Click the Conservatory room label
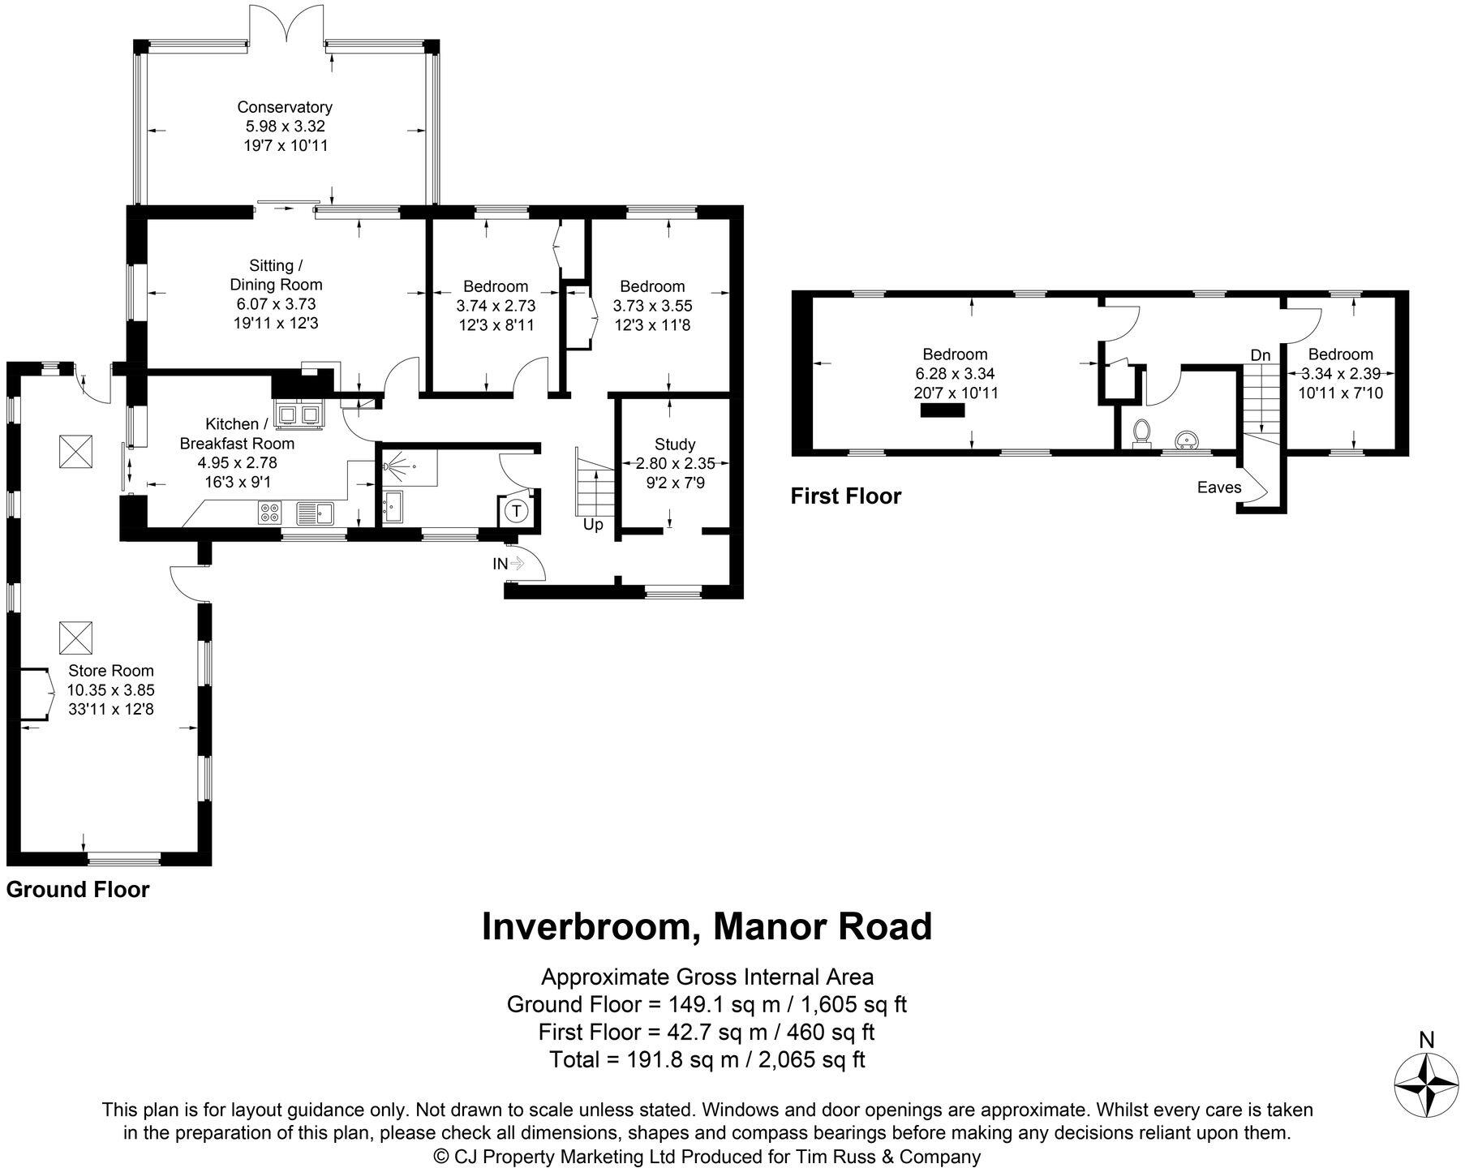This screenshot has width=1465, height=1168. point(285,107)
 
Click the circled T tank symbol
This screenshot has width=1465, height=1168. point(515,511)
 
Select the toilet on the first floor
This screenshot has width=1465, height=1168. point(1142,432)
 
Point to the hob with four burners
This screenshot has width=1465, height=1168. point(270,512)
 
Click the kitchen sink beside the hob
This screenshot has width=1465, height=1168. point(316,512)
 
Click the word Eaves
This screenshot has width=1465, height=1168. point(1219,487)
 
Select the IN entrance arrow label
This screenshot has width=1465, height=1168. point(500,564)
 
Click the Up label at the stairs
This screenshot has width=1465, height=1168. point(593,525)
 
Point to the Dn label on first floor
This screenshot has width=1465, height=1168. point(1260,355)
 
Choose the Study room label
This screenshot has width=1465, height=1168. point(675,444)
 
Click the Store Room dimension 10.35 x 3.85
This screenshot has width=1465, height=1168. point(110,690)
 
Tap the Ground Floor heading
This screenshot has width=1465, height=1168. point(78,890)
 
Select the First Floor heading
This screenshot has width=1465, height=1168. point(846,496)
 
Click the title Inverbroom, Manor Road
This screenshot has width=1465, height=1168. point(707,927)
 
